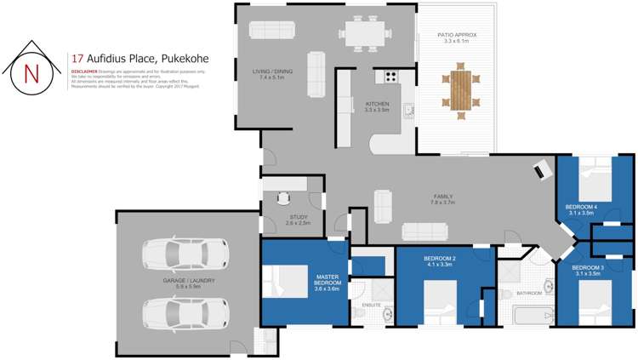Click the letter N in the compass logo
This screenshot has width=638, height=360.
tap(31, 72)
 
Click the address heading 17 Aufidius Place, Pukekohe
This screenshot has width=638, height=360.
tap(140, 59)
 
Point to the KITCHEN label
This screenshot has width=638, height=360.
tap(377, 106)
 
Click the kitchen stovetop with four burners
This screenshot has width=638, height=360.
tap(391, 76)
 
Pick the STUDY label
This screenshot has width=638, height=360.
tap(299, 219)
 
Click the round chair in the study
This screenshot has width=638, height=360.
tap(282, 199)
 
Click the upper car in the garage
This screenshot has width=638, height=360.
tap(186, 253)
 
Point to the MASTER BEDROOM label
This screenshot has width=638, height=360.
tap(328, 282)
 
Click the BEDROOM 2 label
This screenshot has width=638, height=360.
tap(440, 261)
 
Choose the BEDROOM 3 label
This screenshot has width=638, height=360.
tap(590, 270)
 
